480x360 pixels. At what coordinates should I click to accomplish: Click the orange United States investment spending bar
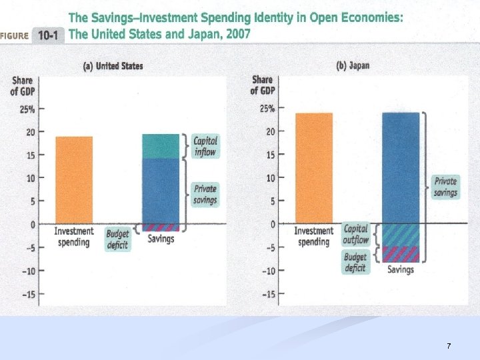[74, 180]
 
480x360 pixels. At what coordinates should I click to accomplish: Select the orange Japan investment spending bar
[313, 168]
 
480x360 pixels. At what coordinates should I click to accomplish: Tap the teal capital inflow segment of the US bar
[161, 146]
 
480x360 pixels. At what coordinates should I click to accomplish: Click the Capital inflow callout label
[205, 146]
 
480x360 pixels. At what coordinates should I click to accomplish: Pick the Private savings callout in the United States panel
[205, 193]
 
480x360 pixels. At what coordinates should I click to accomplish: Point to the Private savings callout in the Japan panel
[445, 186]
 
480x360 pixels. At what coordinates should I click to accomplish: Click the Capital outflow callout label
[355, 234]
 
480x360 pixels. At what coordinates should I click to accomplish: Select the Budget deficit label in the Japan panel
[355, 262]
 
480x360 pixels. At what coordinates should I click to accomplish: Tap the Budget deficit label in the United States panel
[117, 239]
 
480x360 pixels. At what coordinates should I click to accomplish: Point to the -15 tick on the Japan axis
[267, 294]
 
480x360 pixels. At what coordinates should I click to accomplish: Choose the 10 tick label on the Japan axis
[270, 178]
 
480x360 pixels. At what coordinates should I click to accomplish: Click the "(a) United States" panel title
[113, 66]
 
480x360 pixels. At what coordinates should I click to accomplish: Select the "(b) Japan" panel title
[353, 65]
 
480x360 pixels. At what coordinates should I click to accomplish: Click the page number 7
[449, 346]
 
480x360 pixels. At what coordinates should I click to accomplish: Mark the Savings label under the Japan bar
[401, 269]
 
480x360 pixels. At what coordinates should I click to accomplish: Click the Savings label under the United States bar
[161, 239]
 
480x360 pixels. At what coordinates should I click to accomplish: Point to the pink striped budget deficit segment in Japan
[401, 254]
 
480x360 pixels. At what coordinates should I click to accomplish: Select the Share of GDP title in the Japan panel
[263, 85]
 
